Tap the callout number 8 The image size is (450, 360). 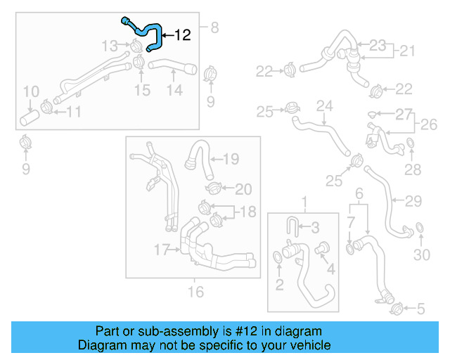[x=214, y=28]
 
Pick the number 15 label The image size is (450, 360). [x=142, y=90]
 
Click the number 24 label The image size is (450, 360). [x=323, y=106]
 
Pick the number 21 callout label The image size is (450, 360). [x=407, y=51]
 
